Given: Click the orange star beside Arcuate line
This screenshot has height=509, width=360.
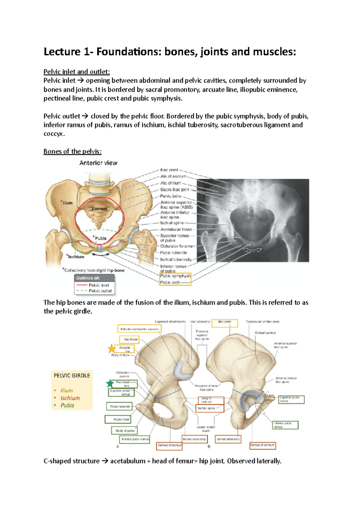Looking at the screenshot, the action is tap(112, 348).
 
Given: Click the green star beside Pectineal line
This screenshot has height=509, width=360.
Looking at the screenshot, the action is tap(110, 383).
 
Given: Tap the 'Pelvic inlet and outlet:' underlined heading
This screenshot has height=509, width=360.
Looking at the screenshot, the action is tap(76, 72).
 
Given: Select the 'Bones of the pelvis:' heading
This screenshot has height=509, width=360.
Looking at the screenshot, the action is tap(72, 151).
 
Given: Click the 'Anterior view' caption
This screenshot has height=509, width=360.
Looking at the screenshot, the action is tap(98, 163).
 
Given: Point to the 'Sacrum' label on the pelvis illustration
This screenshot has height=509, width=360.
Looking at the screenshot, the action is tap(99, 209).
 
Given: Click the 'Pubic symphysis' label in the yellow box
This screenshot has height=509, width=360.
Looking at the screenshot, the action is tap(175, 276).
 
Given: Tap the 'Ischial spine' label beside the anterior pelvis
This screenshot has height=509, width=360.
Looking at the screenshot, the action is tap(172, 223).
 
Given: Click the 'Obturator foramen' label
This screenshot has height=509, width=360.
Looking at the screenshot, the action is tap(177, 246).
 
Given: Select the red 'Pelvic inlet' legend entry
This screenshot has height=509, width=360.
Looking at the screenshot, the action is tap(99, 285).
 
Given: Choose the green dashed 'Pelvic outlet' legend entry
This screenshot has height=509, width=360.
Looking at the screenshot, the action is tap(100, 291).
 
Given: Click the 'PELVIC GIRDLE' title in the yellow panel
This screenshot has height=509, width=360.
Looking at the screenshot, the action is tap(72, 375).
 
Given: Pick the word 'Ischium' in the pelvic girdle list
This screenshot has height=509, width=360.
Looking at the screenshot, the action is tap(70, 398).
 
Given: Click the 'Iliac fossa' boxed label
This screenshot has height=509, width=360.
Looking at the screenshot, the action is tap(130, 339).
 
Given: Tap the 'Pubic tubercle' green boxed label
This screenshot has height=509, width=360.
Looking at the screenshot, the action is tap(120, 406).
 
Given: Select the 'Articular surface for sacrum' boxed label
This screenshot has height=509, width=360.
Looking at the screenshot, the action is tap(139, 329).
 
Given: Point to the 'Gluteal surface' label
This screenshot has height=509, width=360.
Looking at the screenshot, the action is tap(265, 333).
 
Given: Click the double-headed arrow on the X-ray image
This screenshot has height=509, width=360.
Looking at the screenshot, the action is tap(252, 250).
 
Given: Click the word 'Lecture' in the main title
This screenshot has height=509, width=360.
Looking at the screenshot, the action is tap(62, 52).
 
